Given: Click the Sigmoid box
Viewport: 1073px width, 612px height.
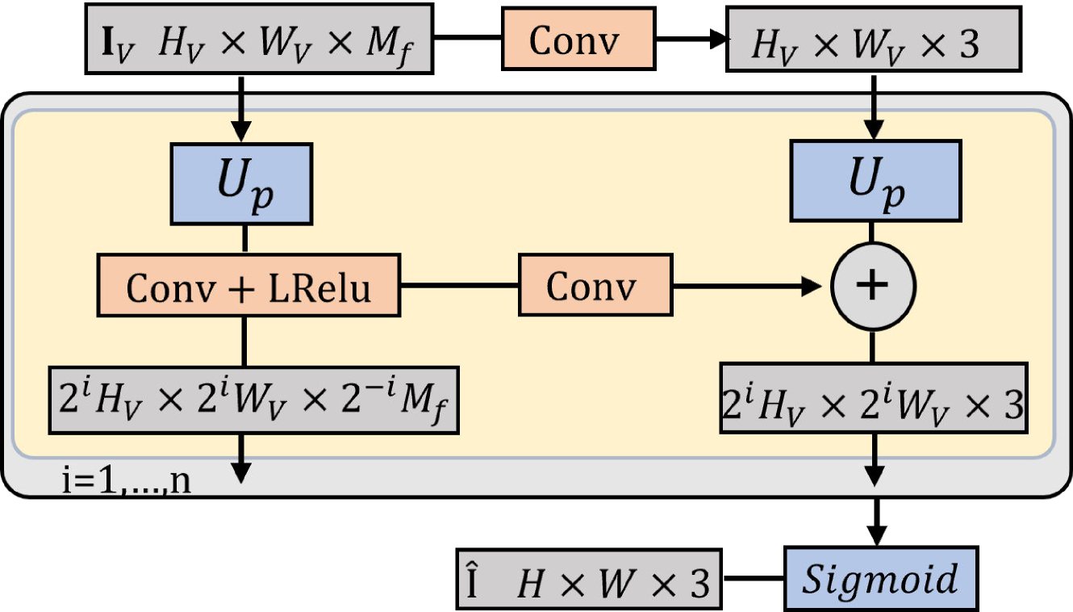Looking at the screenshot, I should click(x=881, y=578).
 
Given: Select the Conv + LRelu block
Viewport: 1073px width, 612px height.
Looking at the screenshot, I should click(x=249, y=286).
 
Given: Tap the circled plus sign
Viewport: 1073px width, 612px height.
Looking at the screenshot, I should click(x=873, y=286).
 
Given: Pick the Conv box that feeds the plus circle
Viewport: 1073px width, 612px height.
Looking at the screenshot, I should click(x=595, y=286).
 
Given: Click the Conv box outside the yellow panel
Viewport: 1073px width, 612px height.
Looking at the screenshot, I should click(x=577, y=39).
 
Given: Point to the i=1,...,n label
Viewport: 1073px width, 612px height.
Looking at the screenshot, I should click(x=127, y=481).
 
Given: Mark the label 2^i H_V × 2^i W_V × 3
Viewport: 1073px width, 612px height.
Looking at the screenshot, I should click(x=873, y=404).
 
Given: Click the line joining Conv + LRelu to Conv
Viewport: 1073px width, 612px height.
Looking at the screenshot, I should click(x=459, y=286).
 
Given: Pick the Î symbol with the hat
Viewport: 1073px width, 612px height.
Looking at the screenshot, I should click(x=473, y=581).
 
